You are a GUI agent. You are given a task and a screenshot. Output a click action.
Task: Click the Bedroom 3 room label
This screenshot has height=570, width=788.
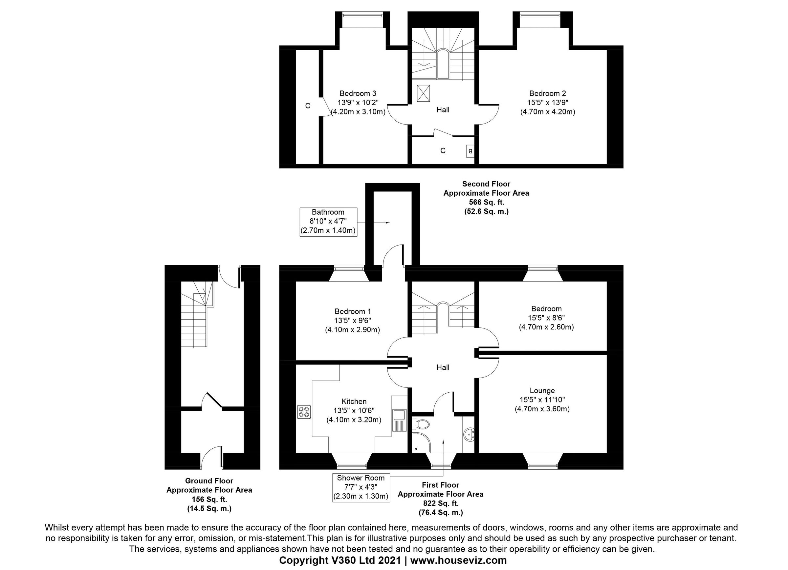coord(358,93)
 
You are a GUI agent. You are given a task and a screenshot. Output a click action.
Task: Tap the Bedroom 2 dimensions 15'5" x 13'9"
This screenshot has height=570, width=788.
coord(548,103)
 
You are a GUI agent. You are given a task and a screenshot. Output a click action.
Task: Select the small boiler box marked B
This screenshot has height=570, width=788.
coord(470,151)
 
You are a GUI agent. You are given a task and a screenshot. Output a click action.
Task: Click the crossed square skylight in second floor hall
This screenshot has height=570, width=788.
coord(423,93)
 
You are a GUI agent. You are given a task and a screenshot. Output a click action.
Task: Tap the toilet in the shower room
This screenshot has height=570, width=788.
coord(421,423)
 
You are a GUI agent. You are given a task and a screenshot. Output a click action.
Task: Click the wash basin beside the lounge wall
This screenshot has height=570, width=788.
coord(470,434)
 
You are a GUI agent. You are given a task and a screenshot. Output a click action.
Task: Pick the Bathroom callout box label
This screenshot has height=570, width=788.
coord(328,212)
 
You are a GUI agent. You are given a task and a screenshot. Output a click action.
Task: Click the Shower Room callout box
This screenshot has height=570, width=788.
coord(361,487)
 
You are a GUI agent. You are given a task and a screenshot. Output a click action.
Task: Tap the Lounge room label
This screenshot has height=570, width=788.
coord(542,391)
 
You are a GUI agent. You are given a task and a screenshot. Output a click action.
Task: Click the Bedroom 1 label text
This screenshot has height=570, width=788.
coord(352,311)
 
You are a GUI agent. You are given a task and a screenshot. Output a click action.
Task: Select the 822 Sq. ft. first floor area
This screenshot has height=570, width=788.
coord(441,503)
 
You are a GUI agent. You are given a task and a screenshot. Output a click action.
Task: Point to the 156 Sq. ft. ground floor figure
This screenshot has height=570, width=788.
coord(209,499)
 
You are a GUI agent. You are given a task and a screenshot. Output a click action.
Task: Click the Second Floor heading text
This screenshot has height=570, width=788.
coord(486,184)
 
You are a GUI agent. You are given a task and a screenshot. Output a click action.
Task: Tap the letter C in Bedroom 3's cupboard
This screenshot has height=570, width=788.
coord(308,106)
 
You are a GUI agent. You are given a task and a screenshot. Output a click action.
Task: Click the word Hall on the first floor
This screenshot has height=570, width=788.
coord(443,367)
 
